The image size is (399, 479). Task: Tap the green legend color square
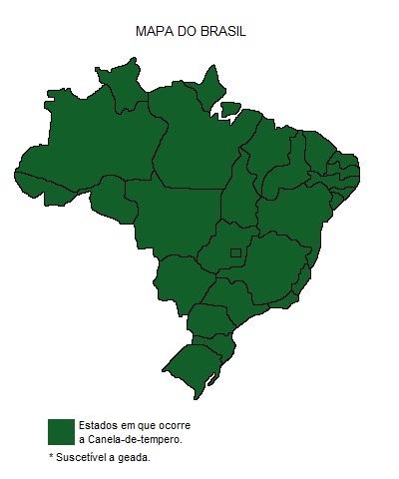pyautogui.click(x=61, y=431)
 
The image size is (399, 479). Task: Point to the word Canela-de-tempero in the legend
pyautogui.click(x=135, y=439)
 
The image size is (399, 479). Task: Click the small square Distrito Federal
pyautogui.click(x=235, y=254)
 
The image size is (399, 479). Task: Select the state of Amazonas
pyautogui.click(x=90, y=150)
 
